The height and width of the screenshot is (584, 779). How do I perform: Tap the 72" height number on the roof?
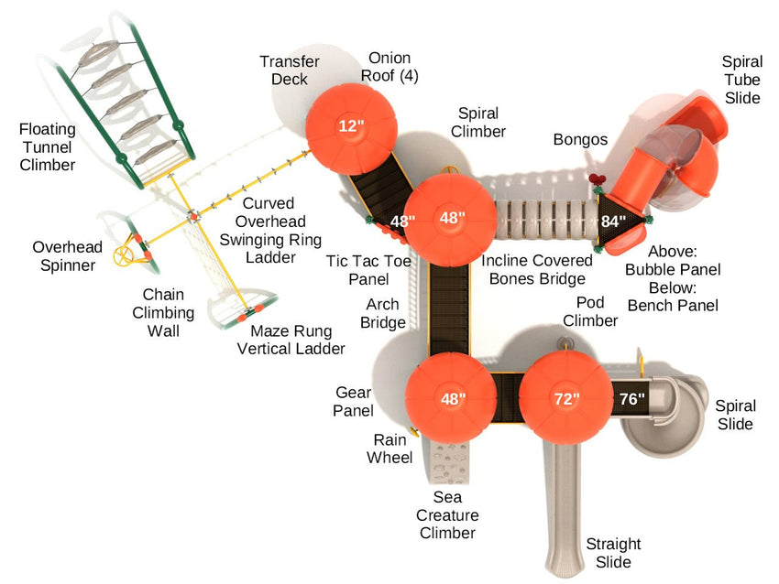[566, 399]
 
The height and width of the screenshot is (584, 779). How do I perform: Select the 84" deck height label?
[613, 221]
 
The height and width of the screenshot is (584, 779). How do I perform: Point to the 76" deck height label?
[632, 398]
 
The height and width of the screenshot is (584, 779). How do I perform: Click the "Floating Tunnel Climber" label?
[48, 146]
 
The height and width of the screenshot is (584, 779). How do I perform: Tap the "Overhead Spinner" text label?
[63, 256]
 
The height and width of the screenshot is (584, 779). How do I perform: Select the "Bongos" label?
[580, 139]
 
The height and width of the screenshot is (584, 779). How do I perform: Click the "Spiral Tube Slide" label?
[741, 80]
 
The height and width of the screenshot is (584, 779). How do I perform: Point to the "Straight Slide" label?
[613, 553]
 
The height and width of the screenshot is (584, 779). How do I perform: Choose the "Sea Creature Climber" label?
[448, 514]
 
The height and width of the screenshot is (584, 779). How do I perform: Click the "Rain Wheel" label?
[389, 449]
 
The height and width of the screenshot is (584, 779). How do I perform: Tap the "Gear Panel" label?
[353, 402]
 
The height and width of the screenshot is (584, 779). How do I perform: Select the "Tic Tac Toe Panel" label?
[362, 270]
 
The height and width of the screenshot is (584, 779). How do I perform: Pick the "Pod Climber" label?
[590, 311]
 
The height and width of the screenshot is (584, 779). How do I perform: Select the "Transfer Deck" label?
[290, 70]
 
